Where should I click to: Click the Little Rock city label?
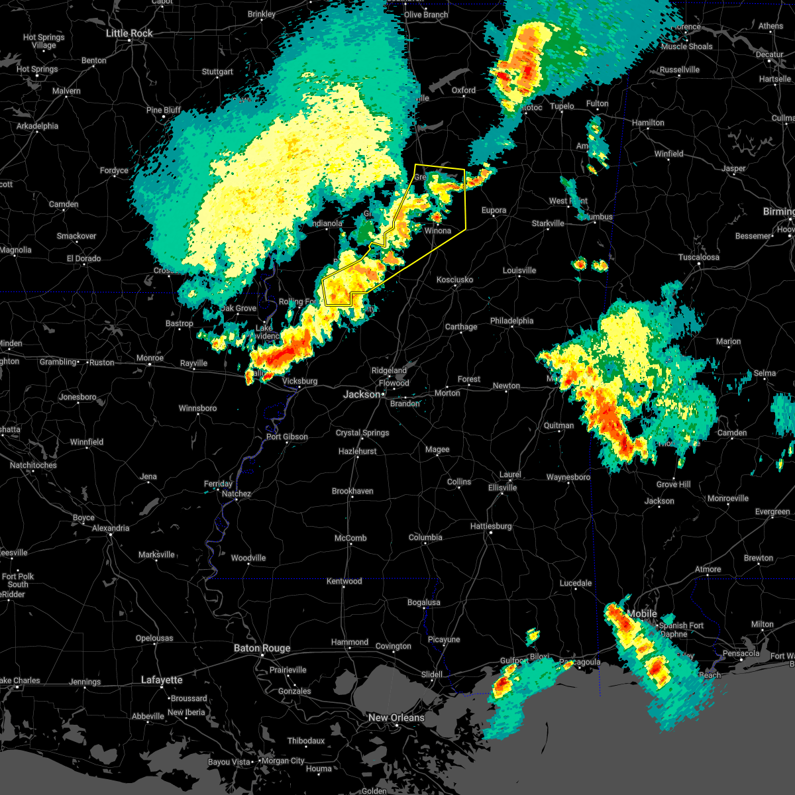click(x=130, y=33)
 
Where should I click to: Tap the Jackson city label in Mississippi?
click(x=362, y=394)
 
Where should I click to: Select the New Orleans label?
click(x=397, y=717)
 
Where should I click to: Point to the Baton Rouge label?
click(x=262, y=648)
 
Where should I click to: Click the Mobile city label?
click(x=642, y=613)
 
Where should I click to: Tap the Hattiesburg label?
click(x=491, y=526)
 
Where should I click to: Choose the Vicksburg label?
click(x=300, y=381)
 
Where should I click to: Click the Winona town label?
click(x=437, y=231)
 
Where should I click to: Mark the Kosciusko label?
click(x=454, y=280)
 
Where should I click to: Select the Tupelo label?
click(x=562, y=106)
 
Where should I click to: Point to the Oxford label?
click(x=464, y=90)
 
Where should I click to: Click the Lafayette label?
click(x=162, y=680)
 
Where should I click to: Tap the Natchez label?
click(x=237, y=494)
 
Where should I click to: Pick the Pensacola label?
click(x=741, y=653)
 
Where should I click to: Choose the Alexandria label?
click(x=111, y=528)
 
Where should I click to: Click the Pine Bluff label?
click(x=164, y=110)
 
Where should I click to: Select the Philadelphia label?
click(x=511, y=321)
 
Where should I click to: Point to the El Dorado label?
click(x=83, y=258)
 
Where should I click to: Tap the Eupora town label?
click(x=494, y=210)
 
